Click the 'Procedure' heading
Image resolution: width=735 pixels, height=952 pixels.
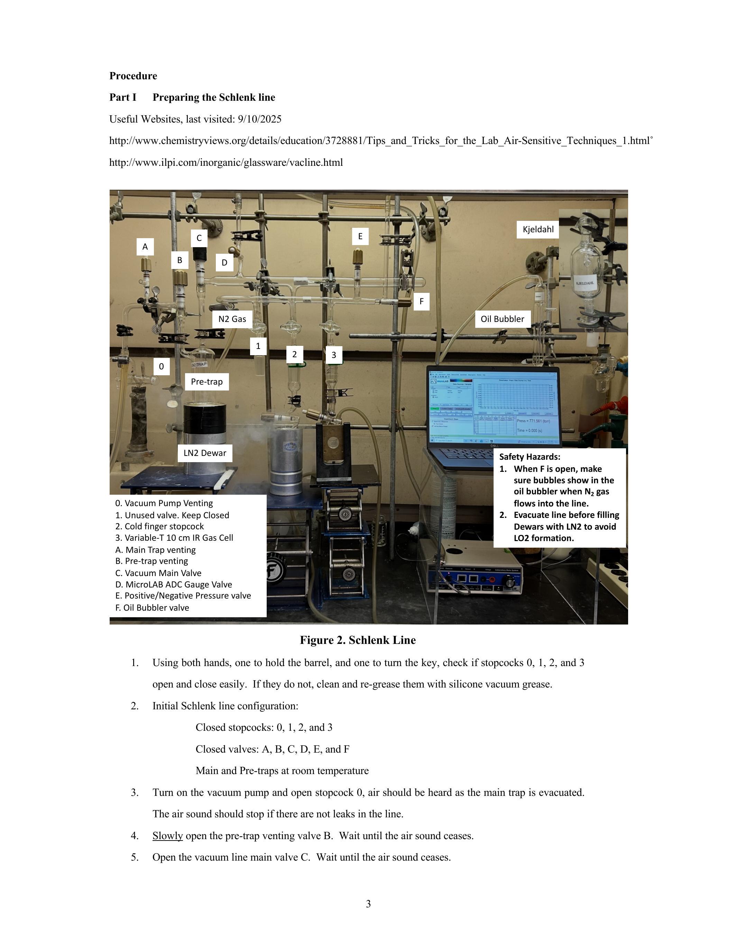133,76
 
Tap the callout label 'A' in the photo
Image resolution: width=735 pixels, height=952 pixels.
145,247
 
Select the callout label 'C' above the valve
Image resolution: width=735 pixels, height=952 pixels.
199,238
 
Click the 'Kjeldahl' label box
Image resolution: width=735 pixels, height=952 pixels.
538,229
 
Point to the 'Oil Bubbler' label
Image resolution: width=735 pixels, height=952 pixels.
503,319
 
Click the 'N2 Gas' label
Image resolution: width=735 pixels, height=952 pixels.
232,319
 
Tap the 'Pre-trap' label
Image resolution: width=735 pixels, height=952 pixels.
207,382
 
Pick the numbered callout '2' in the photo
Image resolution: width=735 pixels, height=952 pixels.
295,354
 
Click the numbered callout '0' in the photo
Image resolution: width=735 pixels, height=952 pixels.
162,367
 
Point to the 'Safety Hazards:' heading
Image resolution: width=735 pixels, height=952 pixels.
530,457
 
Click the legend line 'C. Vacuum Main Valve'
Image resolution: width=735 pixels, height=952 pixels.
158,573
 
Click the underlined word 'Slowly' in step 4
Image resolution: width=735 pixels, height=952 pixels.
168,836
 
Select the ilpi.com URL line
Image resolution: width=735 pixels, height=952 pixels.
226,163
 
